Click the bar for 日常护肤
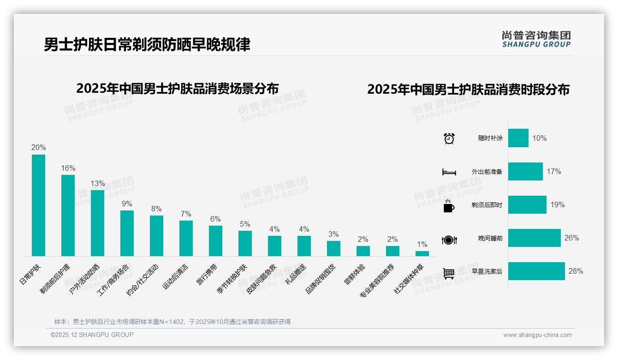pos(38,205)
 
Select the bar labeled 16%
pos(68,216)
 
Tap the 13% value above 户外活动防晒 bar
pos(97,183)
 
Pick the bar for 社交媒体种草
pos(422,253)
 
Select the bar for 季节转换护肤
pos(245,243)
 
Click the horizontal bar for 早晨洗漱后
pos(536,271)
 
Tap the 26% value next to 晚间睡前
pos(571,238)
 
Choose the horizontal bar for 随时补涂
pos(518,138)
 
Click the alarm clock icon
pos(449,138)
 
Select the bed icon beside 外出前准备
pos(449,172)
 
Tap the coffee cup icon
pos(449,206)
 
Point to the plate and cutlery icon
pos(449,240)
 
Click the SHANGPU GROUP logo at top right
pos(536,39)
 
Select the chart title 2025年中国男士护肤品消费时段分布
pos(468,90)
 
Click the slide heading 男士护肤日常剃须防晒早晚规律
pos(147,45)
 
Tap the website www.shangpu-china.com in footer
pos(537,335)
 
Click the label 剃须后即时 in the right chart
pos(487,205)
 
